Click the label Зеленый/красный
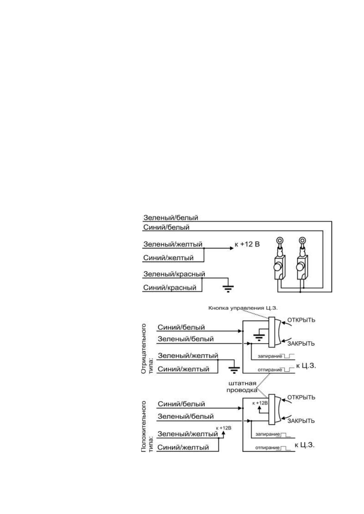pos(174,274)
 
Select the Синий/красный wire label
pos(170,287)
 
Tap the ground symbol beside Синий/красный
pos(228,288)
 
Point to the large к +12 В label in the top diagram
pos(247,244)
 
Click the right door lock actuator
pos(302,265)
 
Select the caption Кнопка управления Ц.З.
pos(243,308)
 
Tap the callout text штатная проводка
pos(241,386)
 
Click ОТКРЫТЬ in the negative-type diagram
pos(301,320)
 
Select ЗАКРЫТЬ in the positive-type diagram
pos(301,421)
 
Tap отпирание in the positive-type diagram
pos(267,448)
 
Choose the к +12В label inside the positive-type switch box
pos(260,403)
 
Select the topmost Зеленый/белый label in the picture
pos(171,218)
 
